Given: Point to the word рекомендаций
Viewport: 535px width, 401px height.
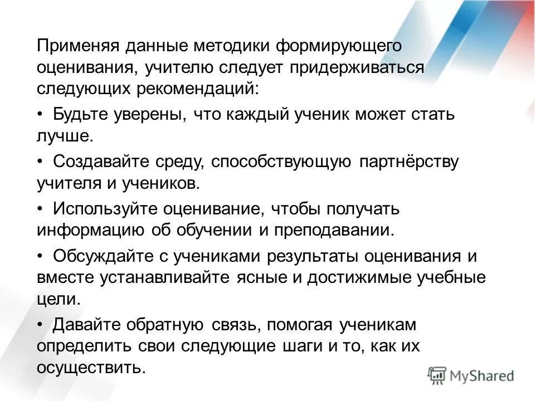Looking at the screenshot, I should point(203,89).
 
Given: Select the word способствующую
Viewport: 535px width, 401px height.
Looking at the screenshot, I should point(282,162).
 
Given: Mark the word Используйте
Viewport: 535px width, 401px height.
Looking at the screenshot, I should point(106,209).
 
